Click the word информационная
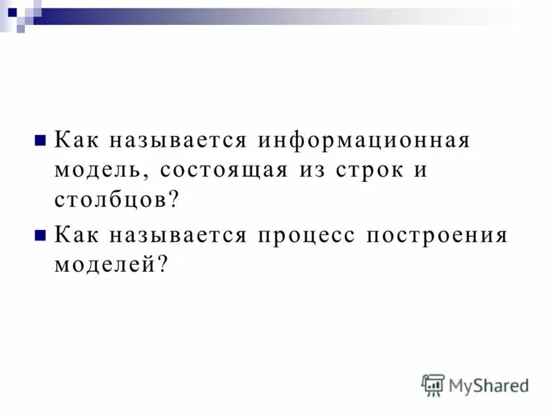(365, 140)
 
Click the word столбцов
(110, 201)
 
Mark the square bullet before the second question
(40, 234)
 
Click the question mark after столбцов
(173, 201)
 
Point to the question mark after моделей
(164, 265)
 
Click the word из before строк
(307, 170)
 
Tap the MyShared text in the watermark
(489, 384)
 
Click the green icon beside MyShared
(433, 384)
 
